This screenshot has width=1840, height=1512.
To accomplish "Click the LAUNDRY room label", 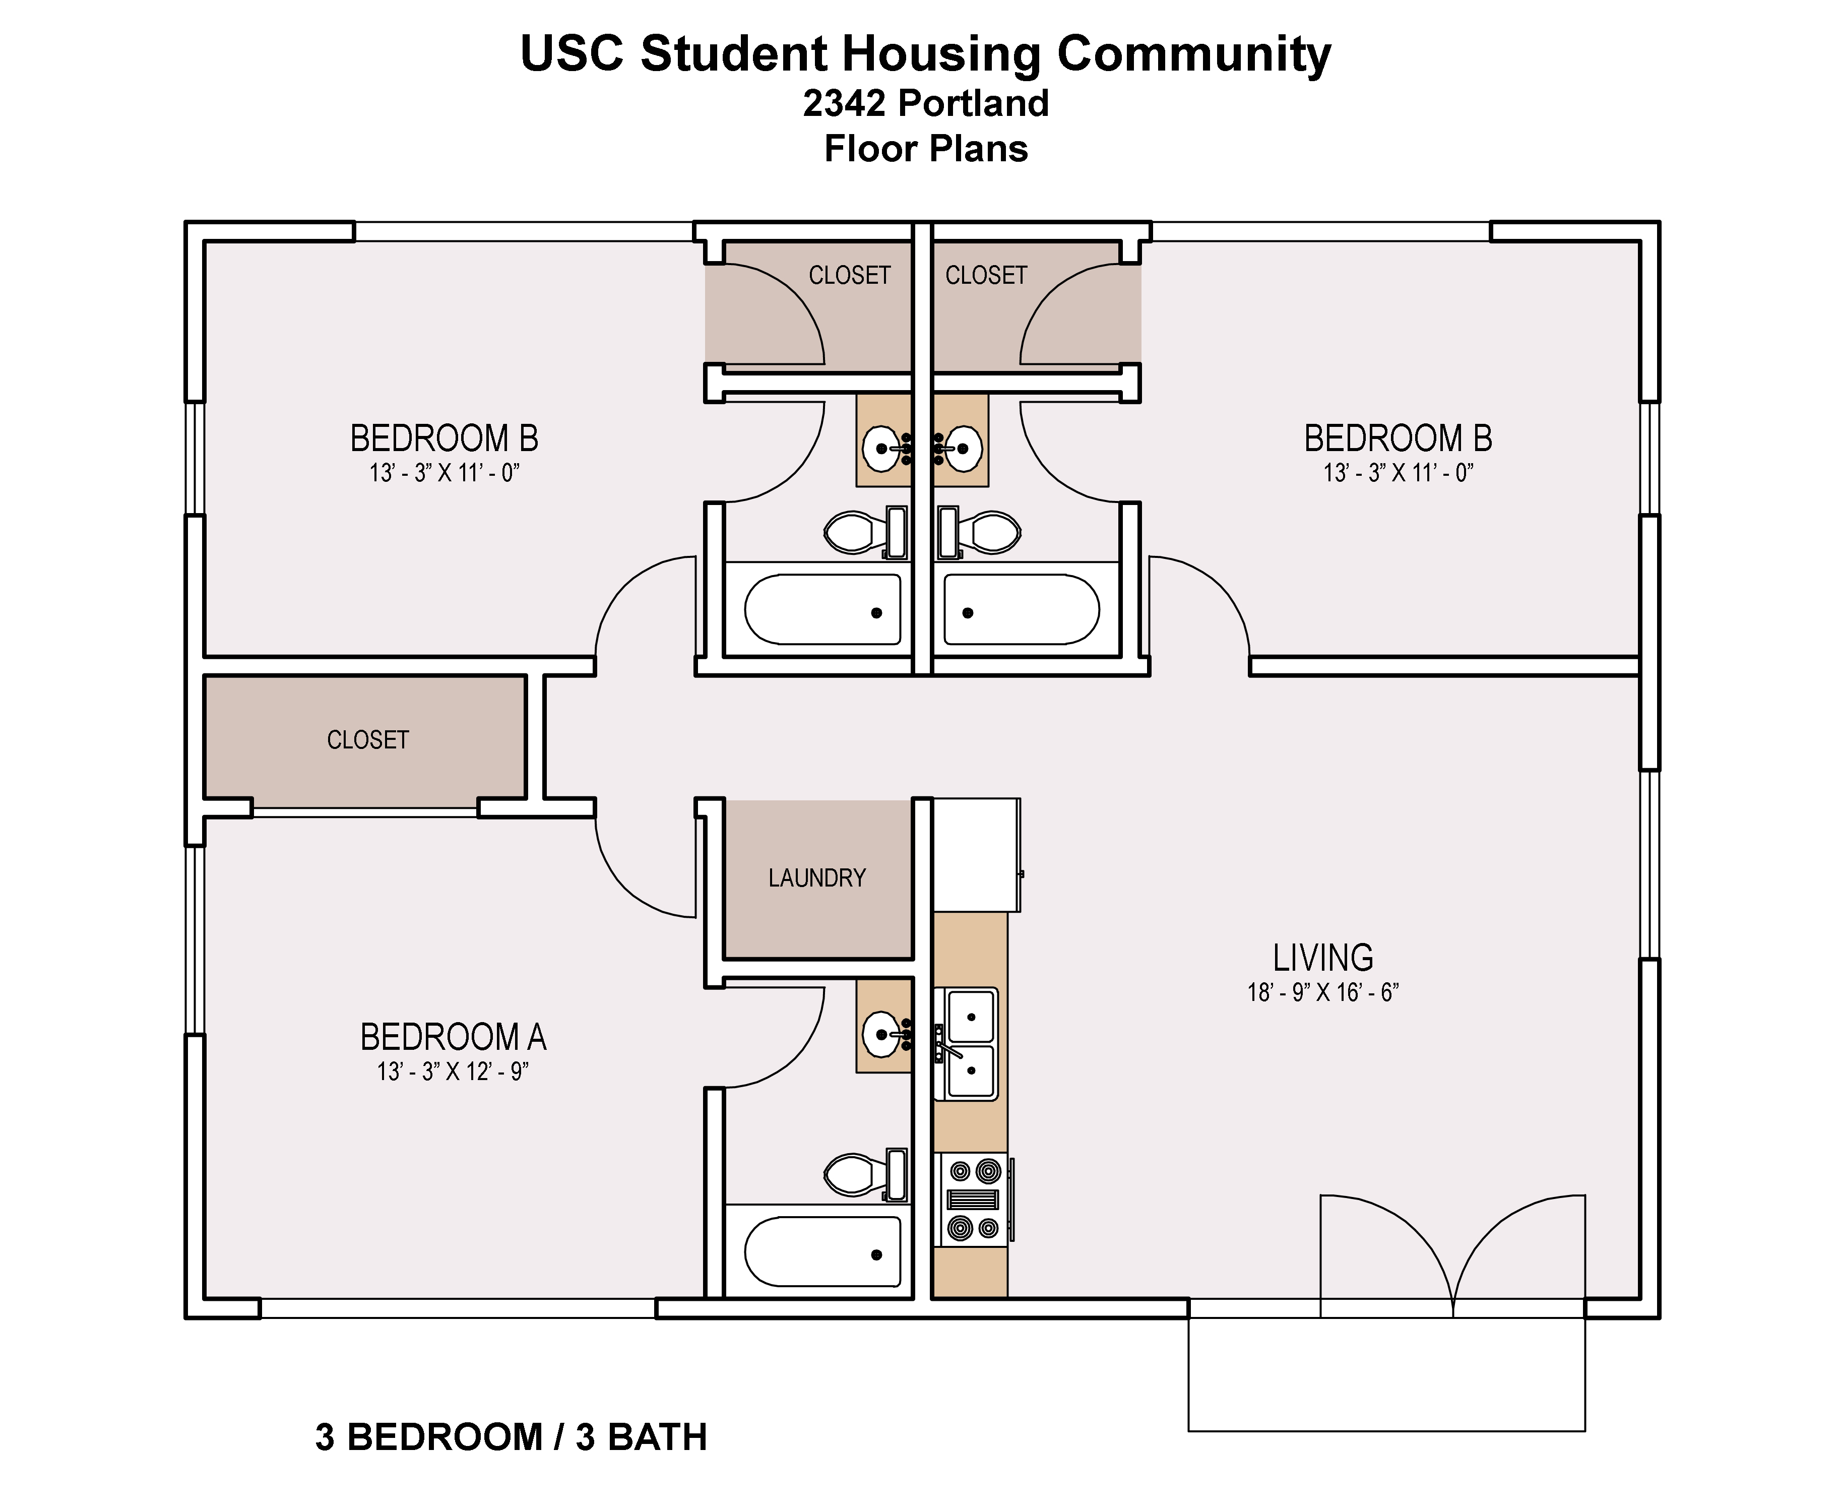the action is tap(817, 878).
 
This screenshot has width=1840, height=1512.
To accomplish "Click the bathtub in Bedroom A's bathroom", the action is tap(823, 1251).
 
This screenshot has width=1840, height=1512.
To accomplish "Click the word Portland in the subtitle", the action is tap(974, 103).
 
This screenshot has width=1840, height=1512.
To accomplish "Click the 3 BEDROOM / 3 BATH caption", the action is tap(511, 1437).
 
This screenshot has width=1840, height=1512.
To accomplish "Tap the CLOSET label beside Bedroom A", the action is tap(367, 740).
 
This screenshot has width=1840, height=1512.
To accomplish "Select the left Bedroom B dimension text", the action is tap(444, 473).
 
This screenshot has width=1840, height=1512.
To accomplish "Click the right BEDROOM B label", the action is tap(1398, 438).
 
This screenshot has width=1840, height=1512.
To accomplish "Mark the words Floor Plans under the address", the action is tap(926, 149).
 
